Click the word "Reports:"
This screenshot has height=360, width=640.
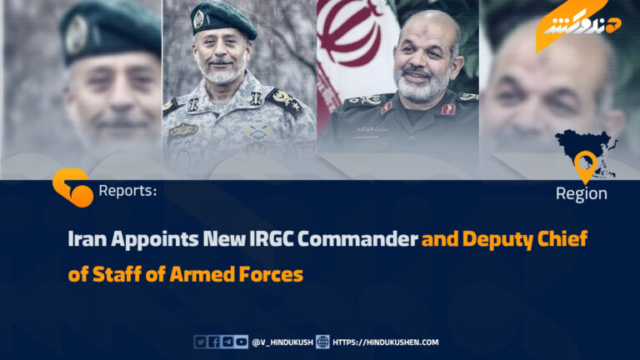point(127,191)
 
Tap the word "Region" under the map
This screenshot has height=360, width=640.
point(581,194)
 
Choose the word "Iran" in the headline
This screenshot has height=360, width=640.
point(87,239)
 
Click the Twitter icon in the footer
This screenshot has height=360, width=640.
point(200,342)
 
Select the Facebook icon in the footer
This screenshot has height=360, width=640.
point(214,342)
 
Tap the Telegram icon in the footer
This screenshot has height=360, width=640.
point(227,342)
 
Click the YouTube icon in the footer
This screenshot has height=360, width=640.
point(242,342)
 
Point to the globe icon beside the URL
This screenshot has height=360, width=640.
point(322,342)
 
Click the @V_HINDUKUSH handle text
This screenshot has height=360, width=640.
point(282,342)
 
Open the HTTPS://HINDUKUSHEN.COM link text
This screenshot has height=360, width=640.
point(385,342)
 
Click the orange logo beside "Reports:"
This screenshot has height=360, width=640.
point(72,187)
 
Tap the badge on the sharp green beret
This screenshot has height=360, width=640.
point(199,19)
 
